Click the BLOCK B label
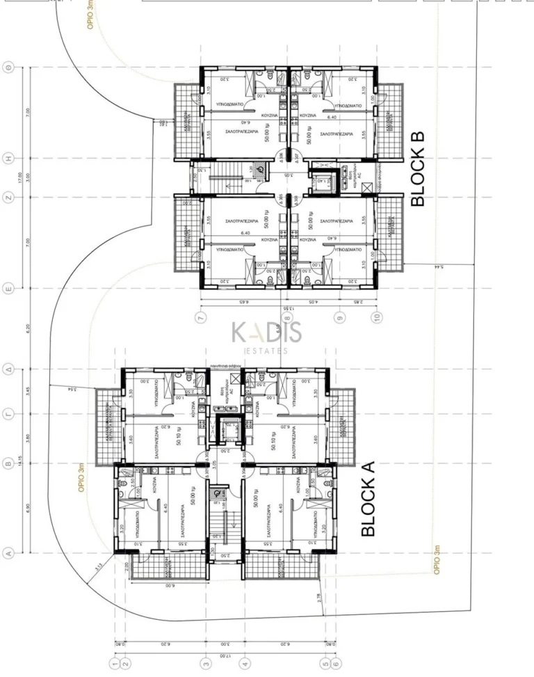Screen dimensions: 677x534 (418, 168)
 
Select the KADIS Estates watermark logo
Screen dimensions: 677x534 (267, 336)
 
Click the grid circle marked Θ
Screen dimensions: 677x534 (9, 67)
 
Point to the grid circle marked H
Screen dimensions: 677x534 (9, 158)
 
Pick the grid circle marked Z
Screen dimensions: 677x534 (9, 197)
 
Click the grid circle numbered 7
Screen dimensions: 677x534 (201, 318)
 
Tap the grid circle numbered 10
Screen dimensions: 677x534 (377, 318)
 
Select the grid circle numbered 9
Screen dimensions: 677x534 (340, 318)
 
